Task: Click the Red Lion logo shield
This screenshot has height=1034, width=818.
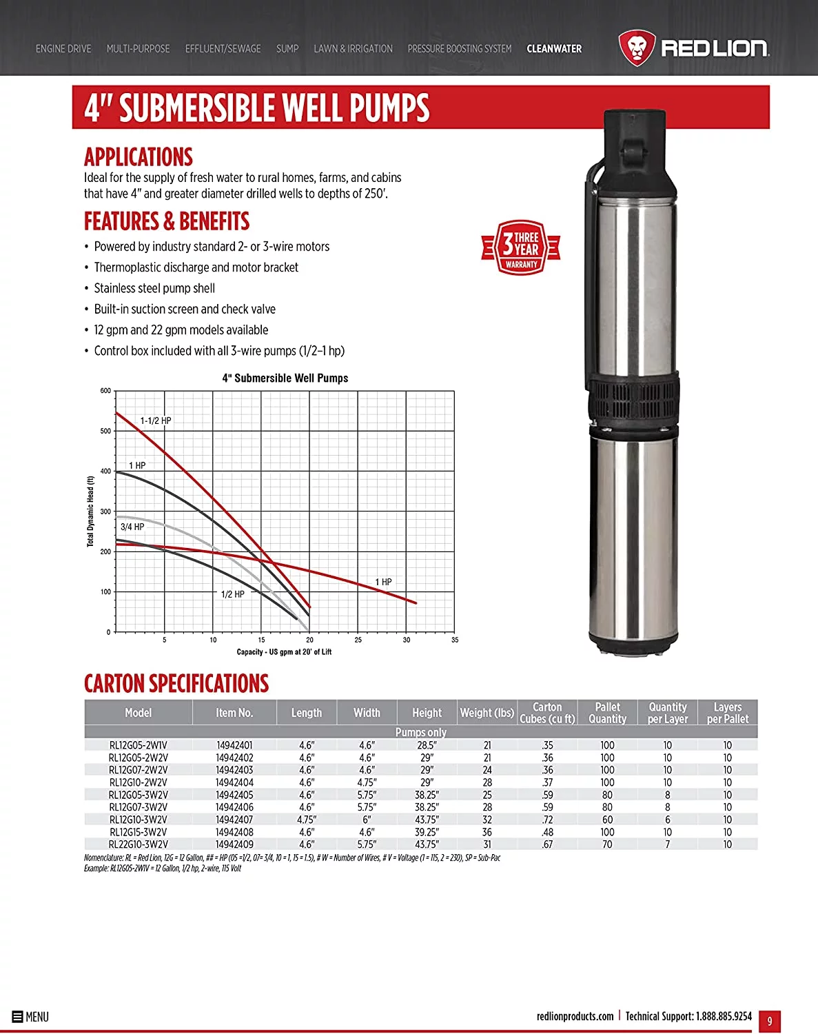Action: pos(636,48)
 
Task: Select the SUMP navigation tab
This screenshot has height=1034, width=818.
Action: pos(287,49)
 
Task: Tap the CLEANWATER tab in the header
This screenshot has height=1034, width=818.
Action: pos(554,49)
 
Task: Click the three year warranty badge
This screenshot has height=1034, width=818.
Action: pos(521,247)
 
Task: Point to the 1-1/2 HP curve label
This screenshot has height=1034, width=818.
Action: pos(156,420)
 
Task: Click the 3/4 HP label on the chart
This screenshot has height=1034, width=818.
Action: pos(132,527)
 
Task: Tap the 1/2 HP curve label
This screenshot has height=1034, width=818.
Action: pos(233,594)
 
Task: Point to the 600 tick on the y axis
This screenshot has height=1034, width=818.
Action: pos(105,391)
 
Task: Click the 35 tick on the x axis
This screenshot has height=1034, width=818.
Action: pos(455,640)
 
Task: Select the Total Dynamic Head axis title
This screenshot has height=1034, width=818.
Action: pos(90,511)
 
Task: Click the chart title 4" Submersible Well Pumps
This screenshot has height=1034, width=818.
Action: pos(285,378)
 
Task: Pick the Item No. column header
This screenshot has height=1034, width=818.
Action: pos(234,713)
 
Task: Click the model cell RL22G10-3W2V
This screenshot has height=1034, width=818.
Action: pos(139,844)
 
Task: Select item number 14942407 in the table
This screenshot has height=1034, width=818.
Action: pos(234,820)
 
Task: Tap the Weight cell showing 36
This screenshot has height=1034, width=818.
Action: pos(487,832)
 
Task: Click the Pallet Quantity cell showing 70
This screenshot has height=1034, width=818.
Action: pos(607,844)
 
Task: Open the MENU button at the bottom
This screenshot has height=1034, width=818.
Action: pos(30,1017)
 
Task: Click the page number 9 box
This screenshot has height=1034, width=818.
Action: pos(770,1021)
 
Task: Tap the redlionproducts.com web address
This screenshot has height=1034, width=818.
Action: pos(575,1016)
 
